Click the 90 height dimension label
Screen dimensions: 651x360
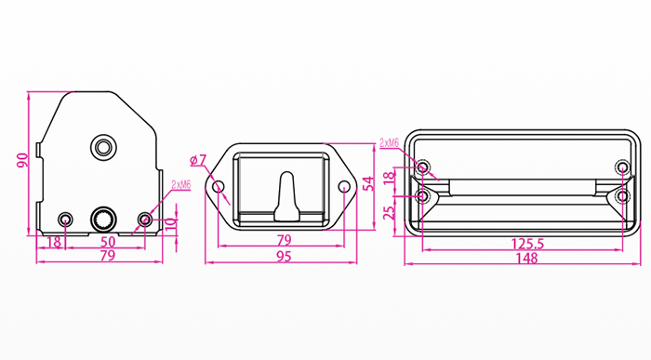22,161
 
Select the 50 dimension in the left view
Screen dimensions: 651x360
108,242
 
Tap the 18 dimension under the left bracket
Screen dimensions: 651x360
54,242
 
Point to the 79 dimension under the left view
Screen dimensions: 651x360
108,256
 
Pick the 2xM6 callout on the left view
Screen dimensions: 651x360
181,185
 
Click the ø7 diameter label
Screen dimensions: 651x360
198,160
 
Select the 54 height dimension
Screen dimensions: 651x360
368,183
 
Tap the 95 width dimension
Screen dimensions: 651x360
284,257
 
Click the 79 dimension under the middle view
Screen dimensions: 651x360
284,240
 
